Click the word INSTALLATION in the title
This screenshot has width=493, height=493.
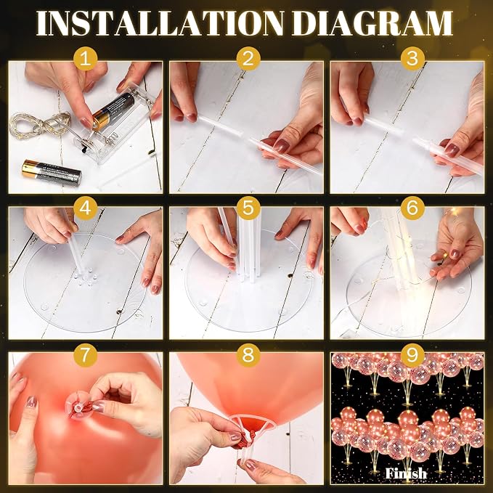point(160,23)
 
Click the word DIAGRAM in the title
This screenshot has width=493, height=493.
point(372,23)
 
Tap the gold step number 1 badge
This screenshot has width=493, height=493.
point(85,59)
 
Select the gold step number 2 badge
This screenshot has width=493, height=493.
point(248,59)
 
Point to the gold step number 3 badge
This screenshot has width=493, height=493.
point(412,59)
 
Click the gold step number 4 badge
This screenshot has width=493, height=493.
point(85,208)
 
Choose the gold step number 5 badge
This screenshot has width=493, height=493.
point(248,208)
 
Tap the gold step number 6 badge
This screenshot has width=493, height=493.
point(412,208)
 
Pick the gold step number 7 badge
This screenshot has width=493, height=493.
point(85,355)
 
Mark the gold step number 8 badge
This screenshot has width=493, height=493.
point(248,355)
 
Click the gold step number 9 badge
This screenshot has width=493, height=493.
point(412,355)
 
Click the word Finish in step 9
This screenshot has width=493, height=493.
point(406,473)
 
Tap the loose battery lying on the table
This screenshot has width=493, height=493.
point(52,171)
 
